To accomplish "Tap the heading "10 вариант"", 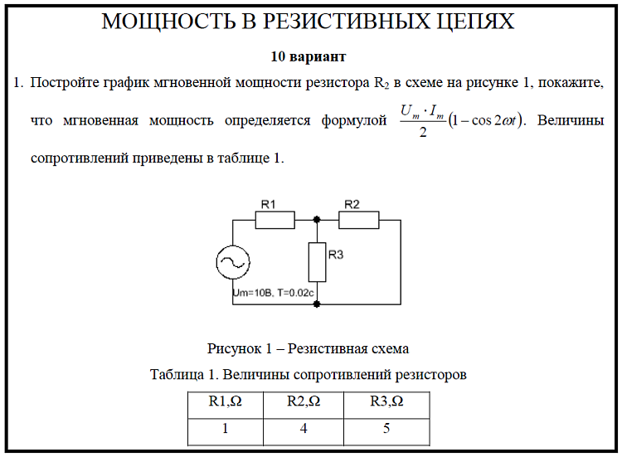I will tap(308, 57).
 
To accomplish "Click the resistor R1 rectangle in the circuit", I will tap(275, 220).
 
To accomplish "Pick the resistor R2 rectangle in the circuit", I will tap(359, 220).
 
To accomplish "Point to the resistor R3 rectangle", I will tap(317, 262).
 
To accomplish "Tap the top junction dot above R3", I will tap(317, 220).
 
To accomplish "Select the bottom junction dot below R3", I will tap(317, 304).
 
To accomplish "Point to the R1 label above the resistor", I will tap(268, 204).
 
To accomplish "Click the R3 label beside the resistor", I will tap(335, 255).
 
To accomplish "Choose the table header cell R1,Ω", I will tap(225, 402).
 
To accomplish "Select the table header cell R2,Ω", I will tap(304, 402).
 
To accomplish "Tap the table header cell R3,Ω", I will tap(386, 402).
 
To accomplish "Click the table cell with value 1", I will tap(225, 430).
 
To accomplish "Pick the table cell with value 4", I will tap(304, 430).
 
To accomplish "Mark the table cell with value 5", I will tap(386, 430).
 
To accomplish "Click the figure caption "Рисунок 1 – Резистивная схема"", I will tap(308, 348).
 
